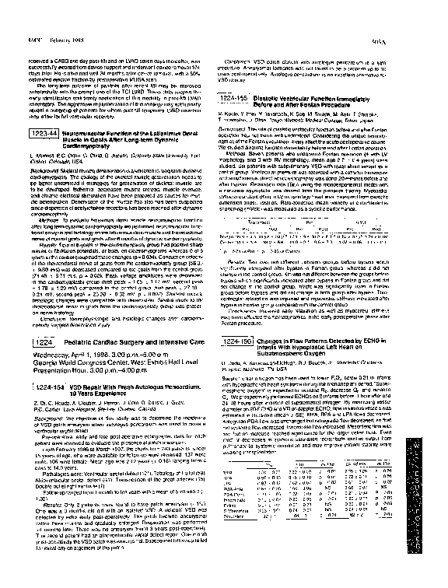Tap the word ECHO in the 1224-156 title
(x=366, y=341)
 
